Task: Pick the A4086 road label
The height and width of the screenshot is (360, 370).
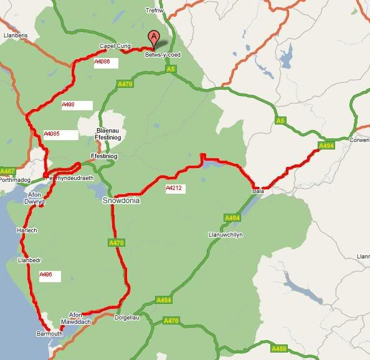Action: click(102, 62)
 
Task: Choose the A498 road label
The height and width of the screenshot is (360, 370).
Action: click(69, 105)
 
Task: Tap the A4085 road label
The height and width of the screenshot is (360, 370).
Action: click(52, 133)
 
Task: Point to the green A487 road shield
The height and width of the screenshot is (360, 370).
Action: click(7, 171)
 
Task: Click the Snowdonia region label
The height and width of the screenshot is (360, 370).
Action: click(121, 201)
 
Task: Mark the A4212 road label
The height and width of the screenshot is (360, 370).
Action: click(174, 187)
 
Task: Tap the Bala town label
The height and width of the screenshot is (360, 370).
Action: click(258, 192)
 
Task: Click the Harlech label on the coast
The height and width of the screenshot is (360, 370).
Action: click(26, 230)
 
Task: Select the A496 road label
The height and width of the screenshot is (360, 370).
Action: click(45, 274)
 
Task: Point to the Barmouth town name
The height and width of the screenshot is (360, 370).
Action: click(50, 334)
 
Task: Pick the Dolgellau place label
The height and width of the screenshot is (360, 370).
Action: click(129, 318)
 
